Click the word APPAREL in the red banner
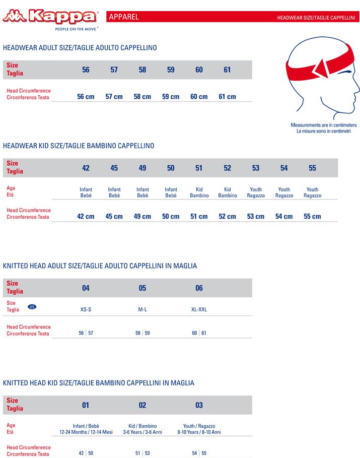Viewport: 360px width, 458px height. [124, 17]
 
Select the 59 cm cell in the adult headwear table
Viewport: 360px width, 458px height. [171, 97]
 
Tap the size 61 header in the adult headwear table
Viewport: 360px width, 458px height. [227, 70]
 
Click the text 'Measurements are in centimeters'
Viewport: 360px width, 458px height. [323, 125]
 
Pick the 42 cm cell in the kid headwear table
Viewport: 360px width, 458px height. [86, 217]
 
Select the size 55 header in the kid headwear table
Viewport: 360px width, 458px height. [313, 168]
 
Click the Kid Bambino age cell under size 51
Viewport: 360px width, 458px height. [199, 192]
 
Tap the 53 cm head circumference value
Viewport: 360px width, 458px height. [256, 217]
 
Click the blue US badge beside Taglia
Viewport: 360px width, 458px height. [32, 306]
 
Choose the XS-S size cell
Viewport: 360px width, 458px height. [86, 309]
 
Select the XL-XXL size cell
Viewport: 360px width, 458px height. [199, 309]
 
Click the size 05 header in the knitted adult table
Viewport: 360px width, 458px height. [142, 288]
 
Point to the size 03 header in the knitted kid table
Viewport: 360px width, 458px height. [199, 405]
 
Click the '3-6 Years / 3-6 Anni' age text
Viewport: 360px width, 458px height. [142, 432]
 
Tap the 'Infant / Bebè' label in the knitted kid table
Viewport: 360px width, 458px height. [86, 426]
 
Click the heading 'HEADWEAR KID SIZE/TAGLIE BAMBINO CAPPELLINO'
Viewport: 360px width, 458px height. [79, 146]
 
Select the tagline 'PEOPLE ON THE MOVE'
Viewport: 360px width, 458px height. [76, 29]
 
